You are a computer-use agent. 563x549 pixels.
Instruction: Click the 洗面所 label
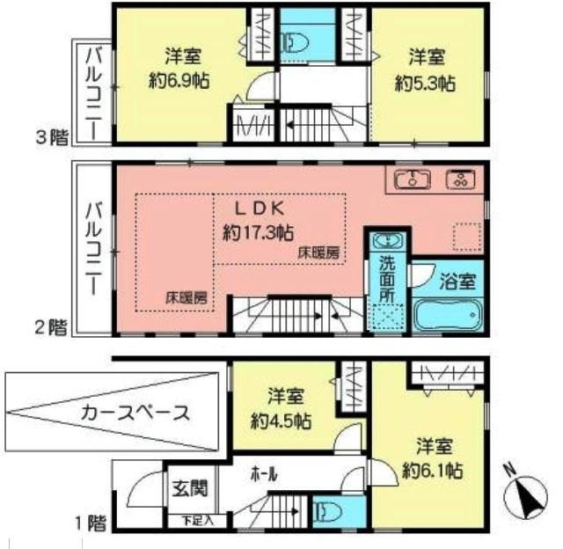point(386,275)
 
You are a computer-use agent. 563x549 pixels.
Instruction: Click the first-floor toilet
point(325,512)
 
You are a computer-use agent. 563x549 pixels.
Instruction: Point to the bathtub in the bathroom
point(449,313)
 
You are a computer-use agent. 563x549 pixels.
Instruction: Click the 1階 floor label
point(91,523)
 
